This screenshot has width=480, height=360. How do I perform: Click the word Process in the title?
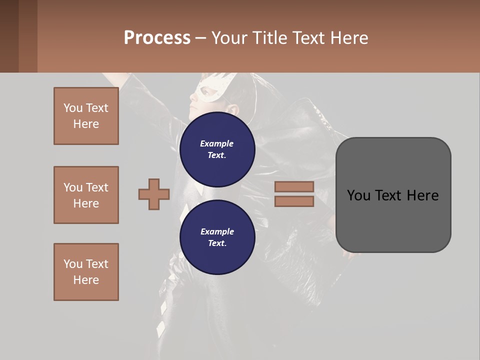click(157, 38)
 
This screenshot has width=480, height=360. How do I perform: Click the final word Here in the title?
click(349, 38)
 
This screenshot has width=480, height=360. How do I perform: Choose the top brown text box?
click(86, 116)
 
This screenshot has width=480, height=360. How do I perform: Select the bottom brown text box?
click(86, 272)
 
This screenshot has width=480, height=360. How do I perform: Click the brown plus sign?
click(154, 194)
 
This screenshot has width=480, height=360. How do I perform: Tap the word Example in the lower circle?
click(217, 231)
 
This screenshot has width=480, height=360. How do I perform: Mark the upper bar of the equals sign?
click(294, 186)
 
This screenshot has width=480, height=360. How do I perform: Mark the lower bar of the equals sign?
click(294, 201)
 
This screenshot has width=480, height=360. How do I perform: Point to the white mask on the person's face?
click(212, 90)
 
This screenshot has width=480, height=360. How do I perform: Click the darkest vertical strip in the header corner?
click(9, 36)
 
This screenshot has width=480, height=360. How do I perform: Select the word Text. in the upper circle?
click(217, 155)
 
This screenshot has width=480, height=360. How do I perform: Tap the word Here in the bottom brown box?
click(86, 280)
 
